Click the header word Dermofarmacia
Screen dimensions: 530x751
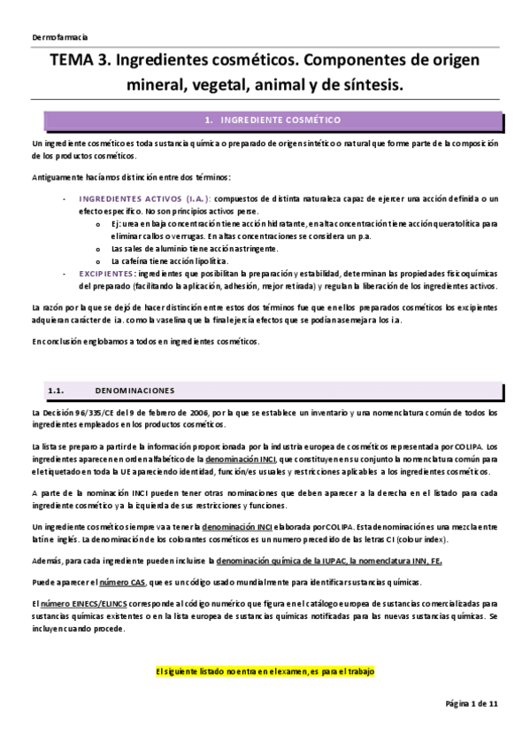pos(58,37)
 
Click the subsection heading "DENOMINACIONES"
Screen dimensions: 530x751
pos(134,390)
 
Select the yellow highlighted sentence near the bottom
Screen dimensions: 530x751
pos(265,670)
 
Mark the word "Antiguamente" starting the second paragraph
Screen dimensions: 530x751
pos(57,177)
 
